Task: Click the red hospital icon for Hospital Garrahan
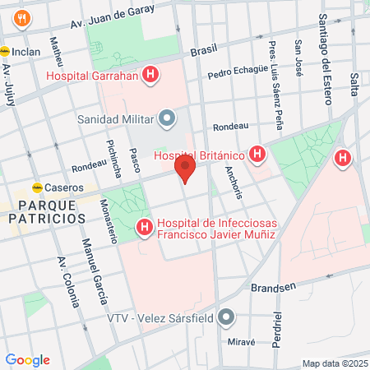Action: (150, 76)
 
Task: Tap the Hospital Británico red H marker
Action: (258, 154)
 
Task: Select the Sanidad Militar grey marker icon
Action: (168, 118)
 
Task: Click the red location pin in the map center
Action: (185, 171)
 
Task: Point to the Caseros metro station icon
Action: (37, 187)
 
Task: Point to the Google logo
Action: (27, 359)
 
